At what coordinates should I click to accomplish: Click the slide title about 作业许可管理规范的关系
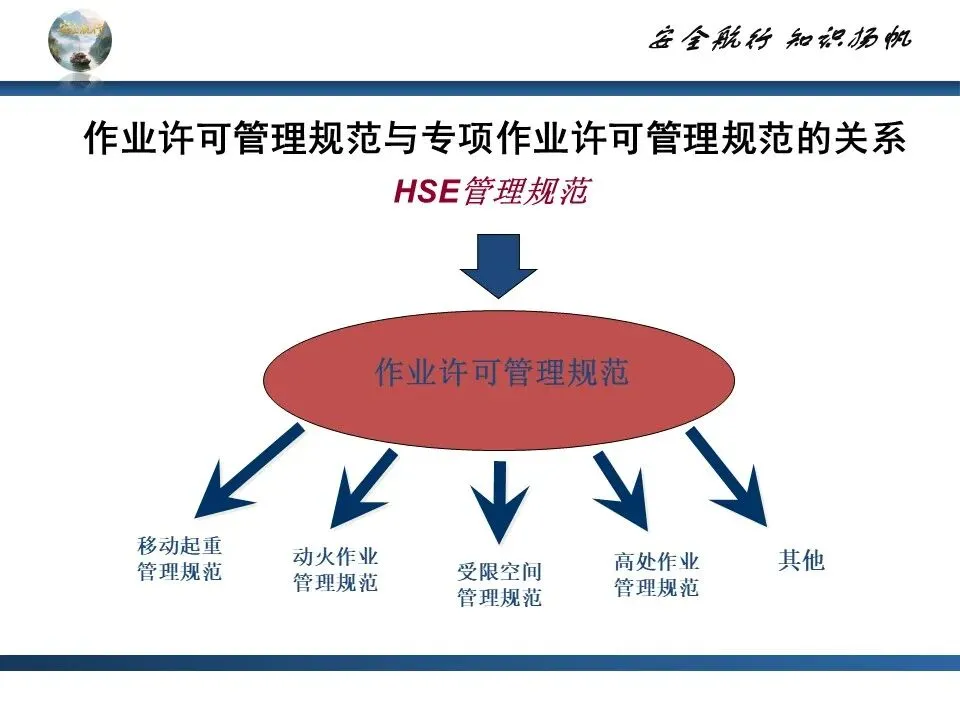pos(494,140)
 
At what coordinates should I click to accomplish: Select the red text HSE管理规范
pos(490,192)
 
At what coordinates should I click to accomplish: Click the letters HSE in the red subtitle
pos(425,192)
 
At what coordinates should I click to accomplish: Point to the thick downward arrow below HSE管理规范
pos(498,265)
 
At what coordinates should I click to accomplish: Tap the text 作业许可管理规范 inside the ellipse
pos(501,374)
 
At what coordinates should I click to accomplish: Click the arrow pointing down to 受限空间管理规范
pos(498,500)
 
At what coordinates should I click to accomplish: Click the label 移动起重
pos(180,546)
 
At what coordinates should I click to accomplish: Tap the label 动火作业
pos(336,556)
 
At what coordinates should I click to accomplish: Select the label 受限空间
pos(499,573)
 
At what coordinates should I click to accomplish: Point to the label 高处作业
pos(656,562)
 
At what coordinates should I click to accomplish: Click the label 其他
pos(801,560)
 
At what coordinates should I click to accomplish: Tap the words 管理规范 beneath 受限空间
pos(499,598)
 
